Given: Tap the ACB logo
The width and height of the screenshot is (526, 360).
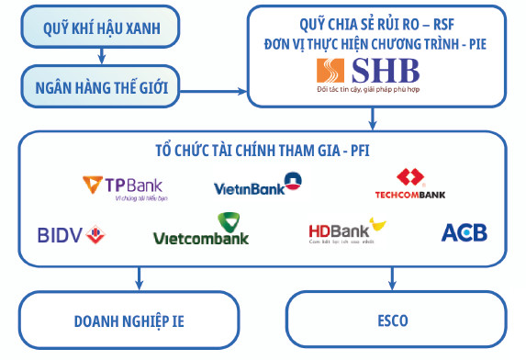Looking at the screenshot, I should pos(464,232).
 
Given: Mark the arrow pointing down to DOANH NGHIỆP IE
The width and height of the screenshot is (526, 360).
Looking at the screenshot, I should pos(139,276).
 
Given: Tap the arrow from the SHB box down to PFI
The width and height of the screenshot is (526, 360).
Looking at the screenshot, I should pos(372,118).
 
